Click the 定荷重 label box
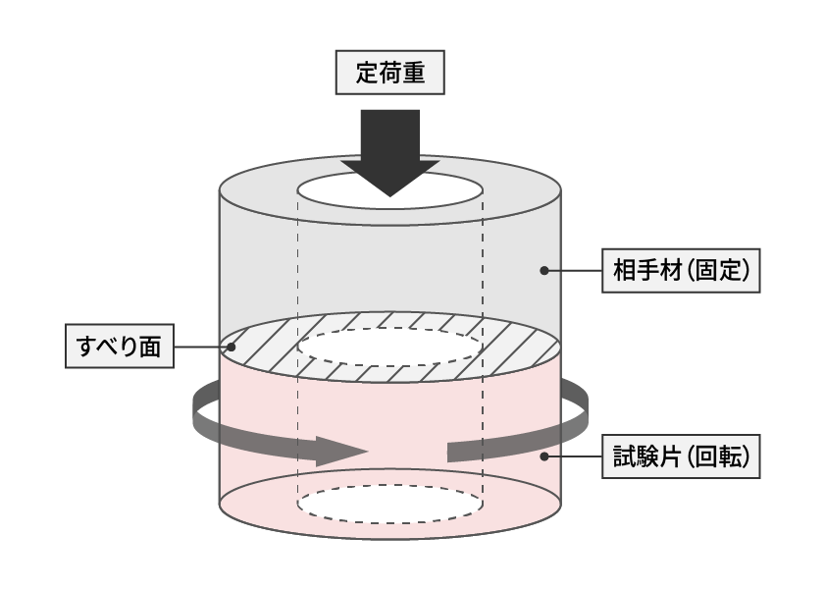point(389,73)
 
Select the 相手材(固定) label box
point(681,271)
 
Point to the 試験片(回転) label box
point(681,456)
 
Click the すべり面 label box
point(120,347)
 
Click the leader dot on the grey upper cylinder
point(544,271)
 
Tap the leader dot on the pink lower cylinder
point(544,456)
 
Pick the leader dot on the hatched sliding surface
point(231,347)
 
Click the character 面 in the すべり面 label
point(150,347)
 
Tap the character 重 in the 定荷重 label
point(414,73)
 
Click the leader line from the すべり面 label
point(202,347)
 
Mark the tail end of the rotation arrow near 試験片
point(447,453)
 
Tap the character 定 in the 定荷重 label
point(367,73)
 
